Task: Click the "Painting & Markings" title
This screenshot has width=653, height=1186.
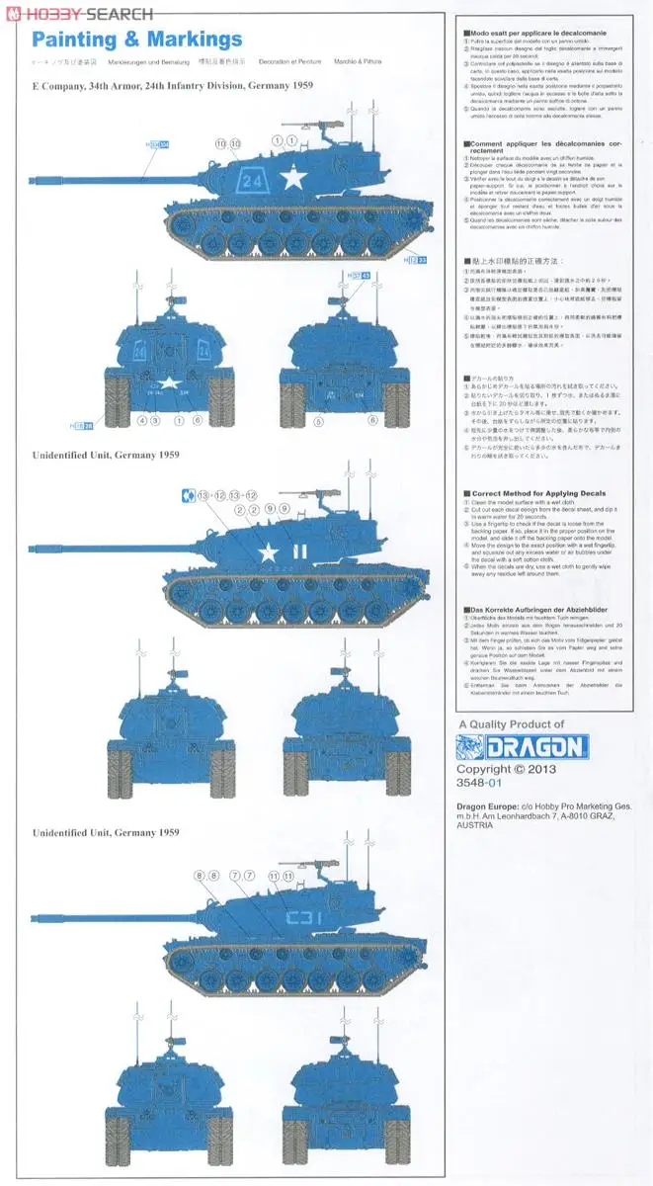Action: pyautogui.click(x=136, y=40)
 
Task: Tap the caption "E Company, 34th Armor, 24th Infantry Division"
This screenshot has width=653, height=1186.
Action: pyautogui.click(x=173, y=86)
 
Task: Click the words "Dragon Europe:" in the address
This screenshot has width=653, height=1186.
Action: pyautogui.click(x=484, y=806)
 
